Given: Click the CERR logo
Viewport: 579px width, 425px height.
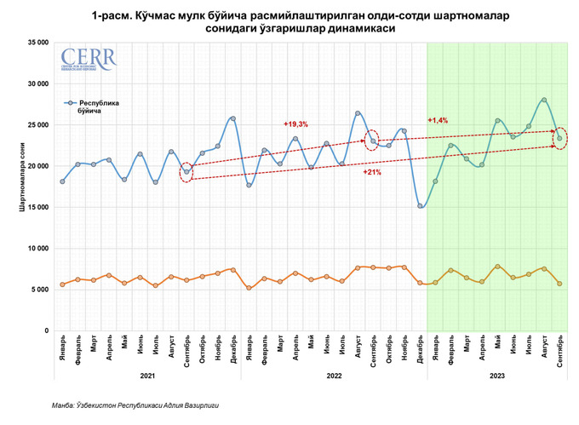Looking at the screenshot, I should point(89,60).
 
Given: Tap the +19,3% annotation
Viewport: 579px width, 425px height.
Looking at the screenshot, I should point(295,124).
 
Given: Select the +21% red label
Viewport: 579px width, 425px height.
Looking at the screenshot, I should point(371,172).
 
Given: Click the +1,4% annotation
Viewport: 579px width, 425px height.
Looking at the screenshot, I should point(438,120).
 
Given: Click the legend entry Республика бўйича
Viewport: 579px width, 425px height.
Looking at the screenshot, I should point(100,106).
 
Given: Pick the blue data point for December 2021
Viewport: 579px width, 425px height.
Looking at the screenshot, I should point(233,118).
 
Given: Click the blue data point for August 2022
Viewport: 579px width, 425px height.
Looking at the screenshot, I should point(358,113).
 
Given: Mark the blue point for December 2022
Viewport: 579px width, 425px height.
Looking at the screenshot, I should point(420,206).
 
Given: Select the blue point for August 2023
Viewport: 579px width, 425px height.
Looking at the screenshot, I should point(543,100).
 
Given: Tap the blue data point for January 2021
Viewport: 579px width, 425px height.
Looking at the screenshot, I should point(62,181).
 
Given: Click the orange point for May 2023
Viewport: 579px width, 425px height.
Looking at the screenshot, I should point(497,267).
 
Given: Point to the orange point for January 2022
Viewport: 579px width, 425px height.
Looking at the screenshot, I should point(249,288).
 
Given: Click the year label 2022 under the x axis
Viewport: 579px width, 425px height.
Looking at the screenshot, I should point(334,376).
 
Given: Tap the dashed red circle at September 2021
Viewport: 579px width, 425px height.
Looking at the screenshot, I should point(187,172).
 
